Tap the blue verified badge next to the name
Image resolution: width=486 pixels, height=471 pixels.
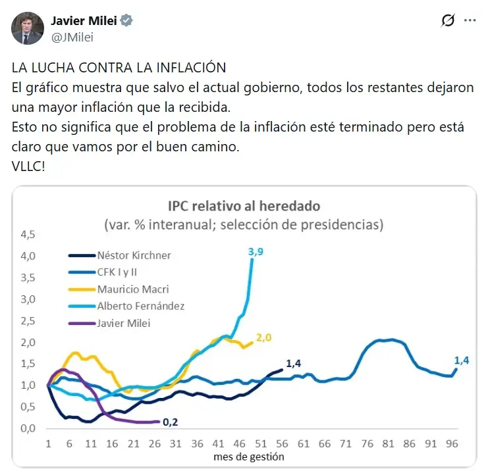[126, 20]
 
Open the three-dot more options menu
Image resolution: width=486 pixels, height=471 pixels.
[470, 21]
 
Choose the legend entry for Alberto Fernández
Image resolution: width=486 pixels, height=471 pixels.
[140, 305]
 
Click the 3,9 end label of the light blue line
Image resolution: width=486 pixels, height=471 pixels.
[256, 251]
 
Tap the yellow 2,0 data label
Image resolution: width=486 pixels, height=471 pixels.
[264, 338]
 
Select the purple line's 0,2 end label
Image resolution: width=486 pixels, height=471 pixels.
[171, 423]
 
